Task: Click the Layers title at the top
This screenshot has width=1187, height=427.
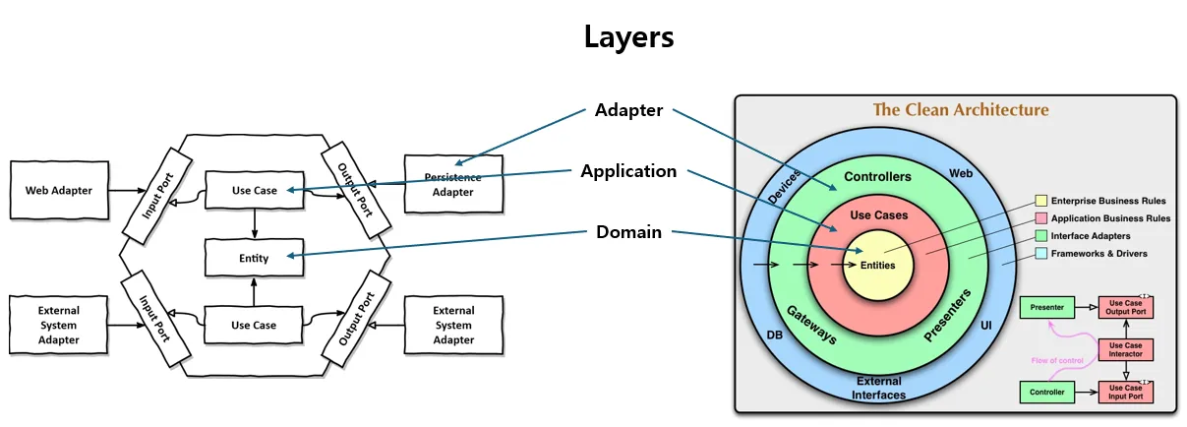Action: pos(628,37)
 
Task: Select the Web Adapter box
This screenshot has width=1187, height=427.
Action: pos(59,190)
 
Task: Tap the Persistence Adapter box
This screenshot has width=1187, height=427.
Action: pos(452,184)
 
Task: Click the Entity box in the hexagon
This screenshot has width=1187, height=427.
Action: pos(254,257)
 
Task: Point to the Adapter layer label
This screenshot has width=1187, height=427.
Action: pos(628,110)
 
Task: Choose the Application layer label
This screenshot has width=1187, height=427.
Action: pos(628,171)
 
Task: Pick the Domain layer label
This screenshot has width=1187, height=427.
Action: pos(628,232)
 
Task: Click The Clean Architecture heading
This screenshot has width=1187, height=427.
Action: pos(961,110)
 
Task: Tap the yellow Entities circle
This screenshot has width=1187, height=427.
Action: pos(878,265)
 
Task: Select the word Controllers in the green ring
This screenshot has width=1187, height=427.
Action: pos(878,177)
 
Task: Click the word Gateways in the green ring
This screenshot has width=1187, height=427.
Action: pos(812,324)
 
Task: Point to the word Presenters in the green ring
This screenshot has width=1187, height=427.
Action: pos(948,317)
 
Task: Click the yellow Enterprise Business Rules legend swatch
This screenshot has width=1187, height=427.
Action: pos(1041,201)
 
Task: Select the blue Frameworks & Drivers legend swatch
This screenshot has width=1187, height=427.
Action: pos(1041,254)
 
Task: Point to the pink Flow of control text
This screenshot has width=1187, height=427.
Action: pos(1057,361)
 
